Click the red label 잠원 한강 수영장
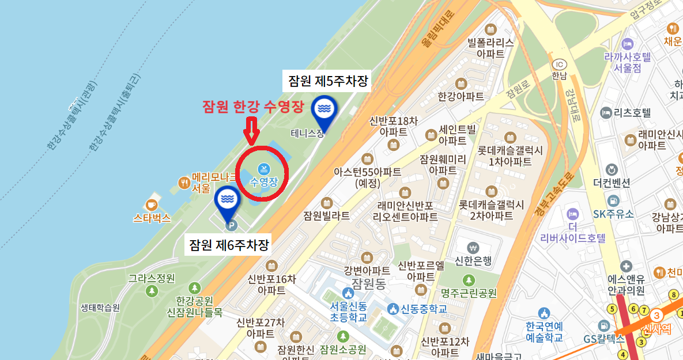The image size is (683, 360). click(252, 107)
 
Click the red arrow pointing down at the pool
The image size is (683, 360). click(250, 130)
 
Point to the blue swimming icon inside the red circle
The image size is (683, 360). click(264, 169)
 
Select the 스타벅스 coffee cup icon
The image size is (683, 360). click(152, 204)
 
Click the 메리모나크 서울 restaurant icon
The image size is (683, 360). click(184, 183)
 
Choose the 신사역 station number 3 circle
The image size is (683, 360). click(656, 316)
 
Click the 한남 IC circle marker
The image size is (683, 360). click(558, 64)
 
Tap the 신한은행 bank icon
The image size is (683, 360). click(474, 247)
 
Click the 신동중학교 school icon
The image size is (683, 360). click(393, 309)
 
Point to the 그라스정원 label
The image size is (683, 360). click(152, 279)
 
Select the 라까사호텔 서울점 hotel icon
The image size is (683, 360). click(628, 44)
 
